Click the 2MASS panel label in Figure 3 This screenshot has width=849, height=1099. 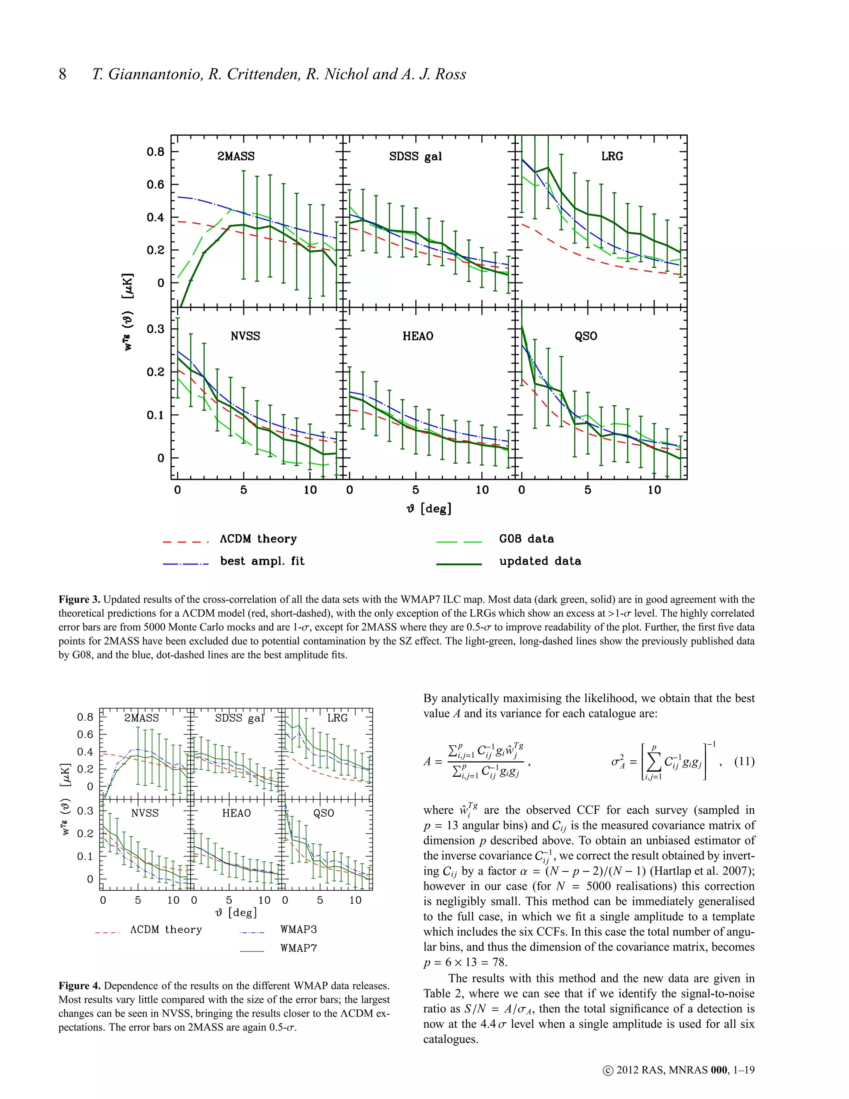tap(235, 156)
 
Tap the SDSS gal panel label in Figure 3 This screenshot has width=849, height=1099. tap(415, 156)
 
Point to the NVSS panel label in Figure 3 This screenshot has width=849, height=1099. tap(245, 336)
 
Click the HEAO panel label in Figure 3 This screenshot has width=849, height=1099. tap(417, 336)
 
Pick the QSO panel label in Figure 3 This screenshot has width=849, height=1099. tap(585, 336)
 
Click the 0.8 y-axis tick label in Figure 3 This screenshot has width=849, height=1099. tap(155, 152)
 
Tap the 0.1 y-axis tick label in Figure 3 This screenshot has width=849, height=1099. tap(155, 415)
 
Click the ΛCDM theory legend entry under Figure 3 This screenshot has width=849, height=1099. tap(258, 539)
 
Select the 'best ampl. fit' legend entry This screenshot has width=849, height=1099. tap(262, 561)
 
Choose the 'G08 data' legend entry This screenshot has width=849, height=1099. tap(526, 539)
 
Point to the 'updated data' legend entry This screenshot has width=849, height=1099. tap(540, 561)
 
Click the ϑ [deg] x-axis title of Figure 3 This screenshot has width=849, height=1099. tap(429, 509)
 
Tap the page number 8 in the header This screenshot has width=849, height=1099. tap(62, 75)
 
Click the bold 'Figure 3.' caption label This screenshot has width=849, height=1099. tap(80, 599)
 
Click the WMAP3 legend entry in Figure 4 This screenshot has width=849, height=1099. tap(298, 929)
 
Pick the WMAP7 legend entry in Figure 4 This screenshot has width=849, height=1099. tap(298, 948)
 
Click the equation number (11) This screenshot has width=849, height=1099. tap(745, 761)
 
